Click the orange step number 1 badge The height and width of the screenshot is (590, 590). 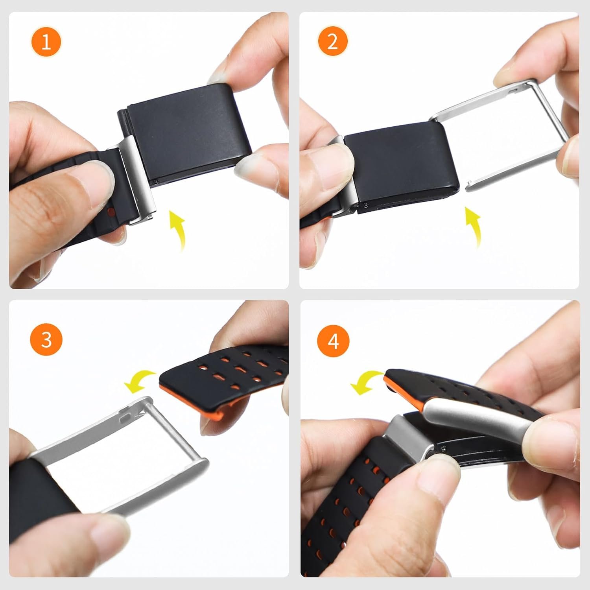click(46, 41)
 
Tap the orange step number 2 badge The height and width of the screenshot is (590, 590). click(332, 41)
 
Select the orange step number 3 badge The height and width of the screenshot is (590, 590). click(46, 338)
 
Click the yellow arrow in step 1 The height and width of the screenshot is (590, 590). click(179, 230)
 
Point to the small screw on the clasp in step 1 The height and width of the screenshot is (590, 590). click(157, 182)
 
